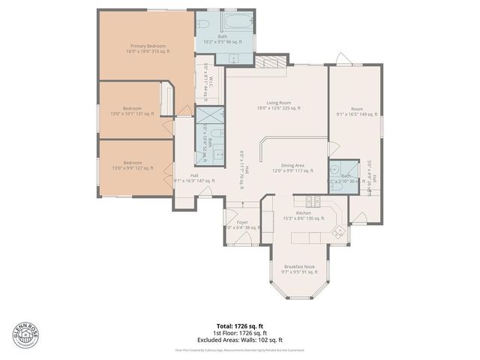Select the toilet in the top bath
coord(205,25)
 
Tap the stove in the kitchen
coord(313,201)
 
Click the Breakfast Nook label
coord(299,268)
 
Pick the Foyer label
coord(242,224)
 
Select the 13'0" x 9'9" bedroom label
coord(132,165)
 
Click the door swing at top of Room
coord(342,59)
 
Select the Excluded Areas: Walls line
coord(239,340)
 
